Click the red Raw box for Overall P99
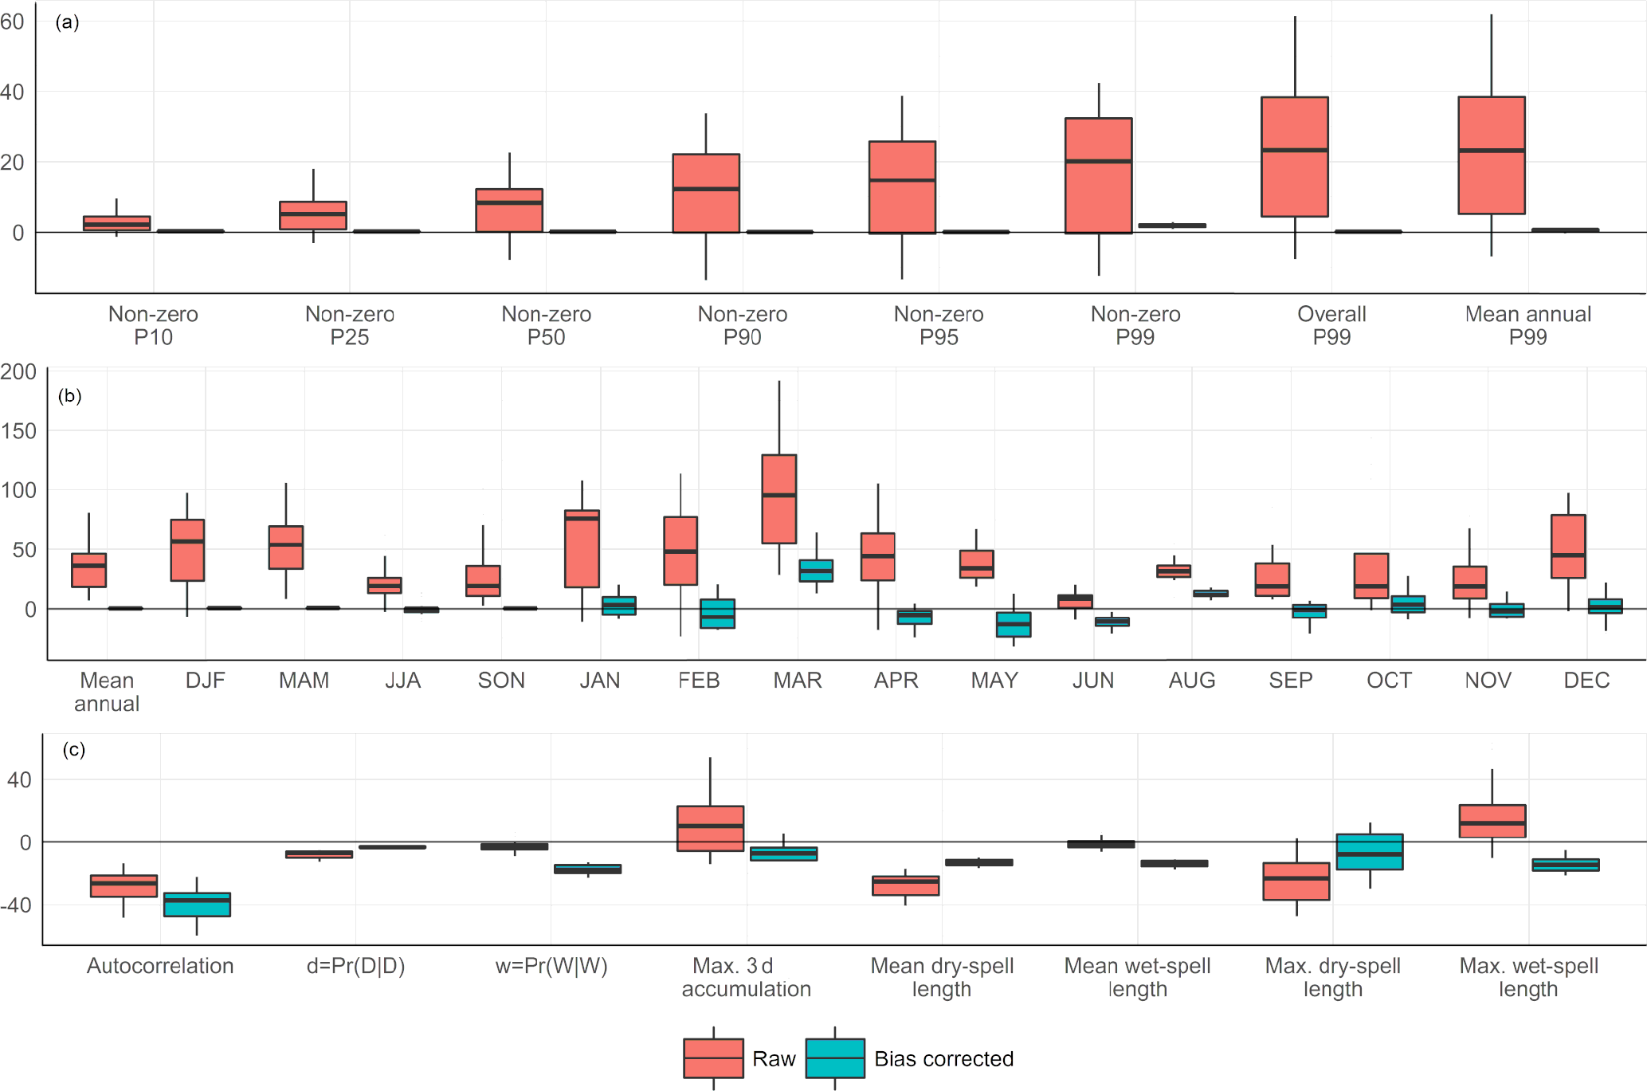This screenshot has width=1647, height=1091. pos(1294,156)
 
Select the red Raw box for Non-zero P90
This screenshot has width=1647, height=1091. pos(706,193)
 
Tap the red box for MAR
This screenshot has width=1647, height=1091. pos(778,499)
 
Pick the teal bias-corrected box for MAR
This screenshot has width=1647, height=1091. pos(816,571)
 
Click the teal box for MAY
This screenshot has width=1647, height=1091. pos(1014,624)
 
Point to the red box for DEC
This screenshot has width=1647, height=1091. pos(1567,546)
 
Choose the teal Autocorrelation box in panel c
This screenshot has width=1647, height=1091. pos(197,905)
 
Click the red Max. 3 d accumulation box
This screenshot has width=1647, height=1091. pos(710,828)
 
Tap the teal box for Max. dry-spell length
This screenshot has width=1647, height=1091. pos(1369,851)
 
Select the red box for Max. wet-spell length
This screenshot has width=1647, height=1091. pos(1492,821)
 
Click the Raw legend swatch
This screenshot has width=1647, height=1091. pos(713,1058)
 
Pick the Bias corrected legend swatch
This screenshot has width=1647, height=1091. pos(835,1058)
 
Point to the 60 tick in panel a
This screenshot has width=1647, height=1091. pos(12,22)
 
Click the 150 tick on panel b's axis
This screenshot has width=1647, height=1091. pos(18,431)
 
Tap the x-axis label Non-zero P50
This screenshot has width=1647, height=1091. pos(546,325)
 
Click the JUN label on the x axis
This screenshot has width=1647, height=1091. pos(1092,681)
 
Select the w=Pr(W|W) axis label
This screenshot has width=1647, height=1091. pos(551,966)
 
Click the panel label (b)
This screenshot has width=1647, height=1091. pos(70,396)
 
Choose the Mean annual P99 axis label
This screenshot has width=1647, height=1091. pos(1527,325)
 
